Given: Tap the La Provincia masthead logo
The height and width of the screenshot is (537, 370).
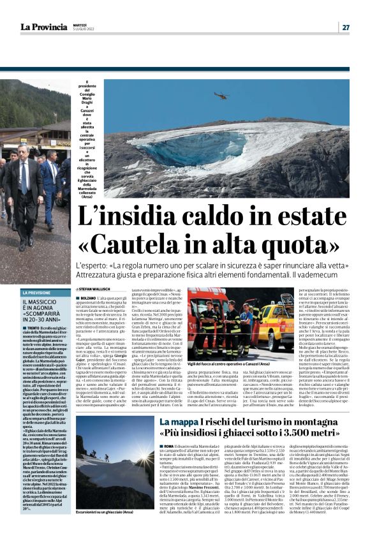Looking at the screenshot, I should point(43,27).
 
